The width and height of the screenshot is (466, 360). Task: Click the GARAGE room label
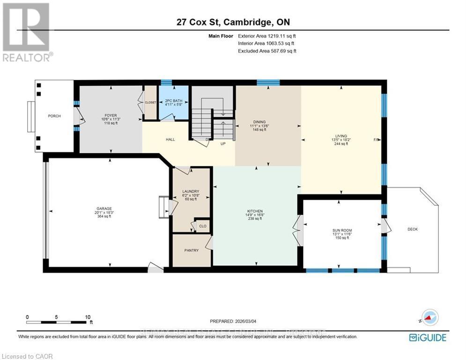click(103, 209)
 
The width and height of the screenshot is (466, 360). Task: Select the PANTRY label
click(191, 250)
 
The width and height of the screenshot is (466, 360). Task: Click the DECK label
click(412, 229)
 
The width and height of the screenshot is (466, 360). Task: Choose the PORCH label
click(54, 116)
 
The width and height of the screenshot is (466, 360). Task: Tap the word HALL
click(170, 139)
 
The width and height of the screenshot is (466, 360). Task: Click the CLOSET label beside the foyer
click(150, 102)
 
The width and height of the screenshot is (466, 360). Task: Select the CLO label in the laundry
click(202, 226)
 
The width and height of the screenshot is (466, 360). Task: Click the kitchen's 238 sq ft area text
click(255, 218)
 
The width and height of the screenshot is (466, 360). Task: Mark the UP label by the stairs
click(223, 143)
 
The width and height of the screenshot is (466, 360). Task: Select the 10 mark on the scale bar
click(88, 317)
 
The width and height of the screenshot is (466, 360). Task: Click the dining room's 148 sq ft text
click(259, 130)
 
